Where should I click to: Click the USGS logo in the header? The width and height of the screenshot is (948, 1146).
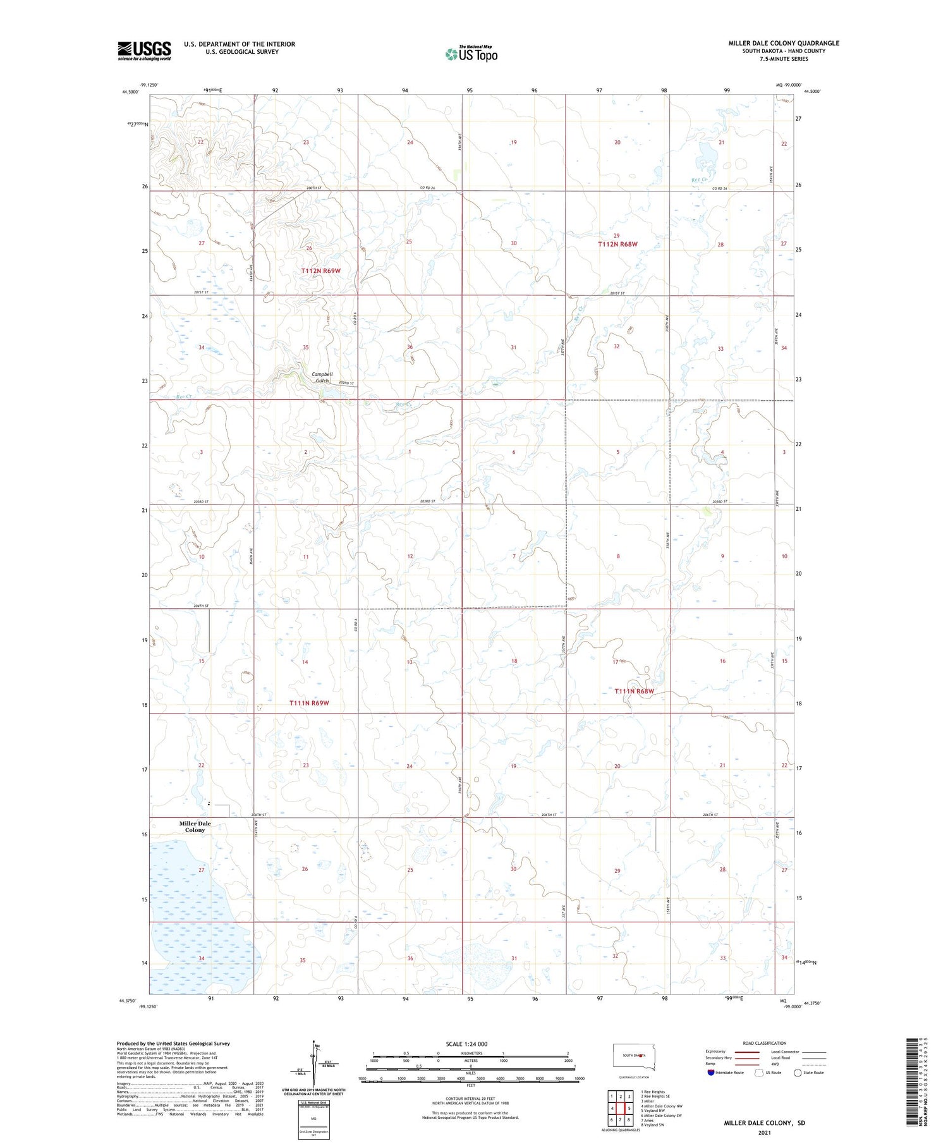(x=144, y=51)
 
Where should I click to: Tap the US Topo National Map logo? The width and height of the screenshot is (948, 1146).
(x=471, y=54)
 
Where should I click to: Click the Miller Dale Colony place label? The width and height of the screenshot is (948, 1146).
(x=195, y=827)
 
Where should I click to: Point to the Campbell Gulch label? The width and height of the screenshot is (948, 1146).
(x=322, y=377)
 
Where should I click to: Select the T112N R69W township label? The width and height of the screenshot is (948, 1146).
(x=320, y=271)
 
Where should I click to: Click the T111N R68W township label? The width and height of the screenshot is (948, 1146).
(x=634, y=692)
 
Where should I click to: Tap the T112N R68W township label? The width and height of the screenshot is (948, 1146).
(x=617, y=244)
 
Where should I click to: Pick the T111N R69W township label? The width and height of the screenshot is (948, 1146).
(x=309, y=703)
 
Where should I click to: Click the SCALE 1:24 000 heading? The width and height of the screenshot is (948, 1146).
(x=466, y=1044)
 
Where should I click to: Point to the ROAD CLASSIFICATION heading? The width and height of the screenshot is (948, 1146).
(x=765, y=1043)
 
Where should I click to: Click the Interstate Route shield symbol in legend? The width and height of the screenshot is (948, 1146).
(x=711, y=1072)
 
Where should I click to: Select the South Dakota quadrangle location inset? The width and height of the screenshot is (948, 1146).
(x=635, y=1057)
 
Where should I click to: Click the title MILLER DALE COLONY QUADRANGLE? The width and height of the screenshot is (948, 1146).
(x=784, y=43)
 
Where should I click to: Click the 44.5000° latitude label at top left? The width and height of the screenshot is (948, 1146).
(x=129, y=92)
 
